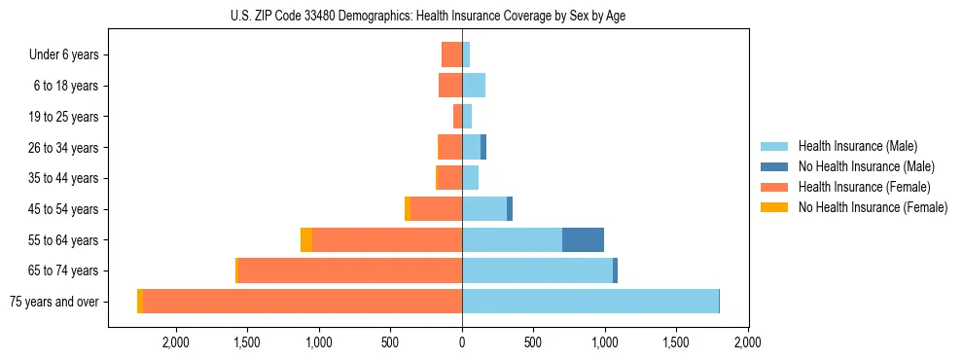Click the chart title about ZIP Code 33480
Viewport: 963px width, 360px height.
coord(429,16)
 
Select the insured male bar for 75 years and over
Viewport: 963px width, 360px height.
coord(590,301)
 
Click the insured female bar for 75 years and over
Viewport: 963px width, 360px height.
coord(303,301)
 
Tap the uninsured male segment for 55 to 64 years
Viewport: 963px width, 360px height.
coord(583,239)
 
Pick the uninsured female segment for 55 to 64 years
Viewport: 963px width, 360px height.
coord(306,239)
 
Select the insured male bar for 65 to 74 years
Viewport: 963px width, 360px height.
coord(537,270)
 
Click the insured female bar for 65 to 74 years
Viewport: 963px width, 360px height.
coord(350,270)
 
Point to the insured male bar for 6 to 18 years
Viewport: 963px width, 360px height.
coord(474,86)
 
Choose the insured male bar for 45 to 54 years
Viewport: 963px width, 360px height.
coord(484,208)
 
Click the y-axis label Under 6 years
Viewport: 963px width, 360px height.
coord(64,54)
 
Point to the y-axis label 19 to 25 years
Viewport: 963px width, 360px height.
coord(63,117)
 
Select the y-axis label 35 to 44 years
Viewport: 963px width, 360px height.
coord(63,178)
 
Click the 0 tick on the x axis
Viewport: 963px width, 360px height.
coord(462,342)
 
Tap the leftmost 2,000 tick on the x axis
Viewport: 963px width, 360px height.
coord(176,342)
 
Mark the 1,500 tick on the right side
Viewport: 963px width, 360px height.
coord(676,342)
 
